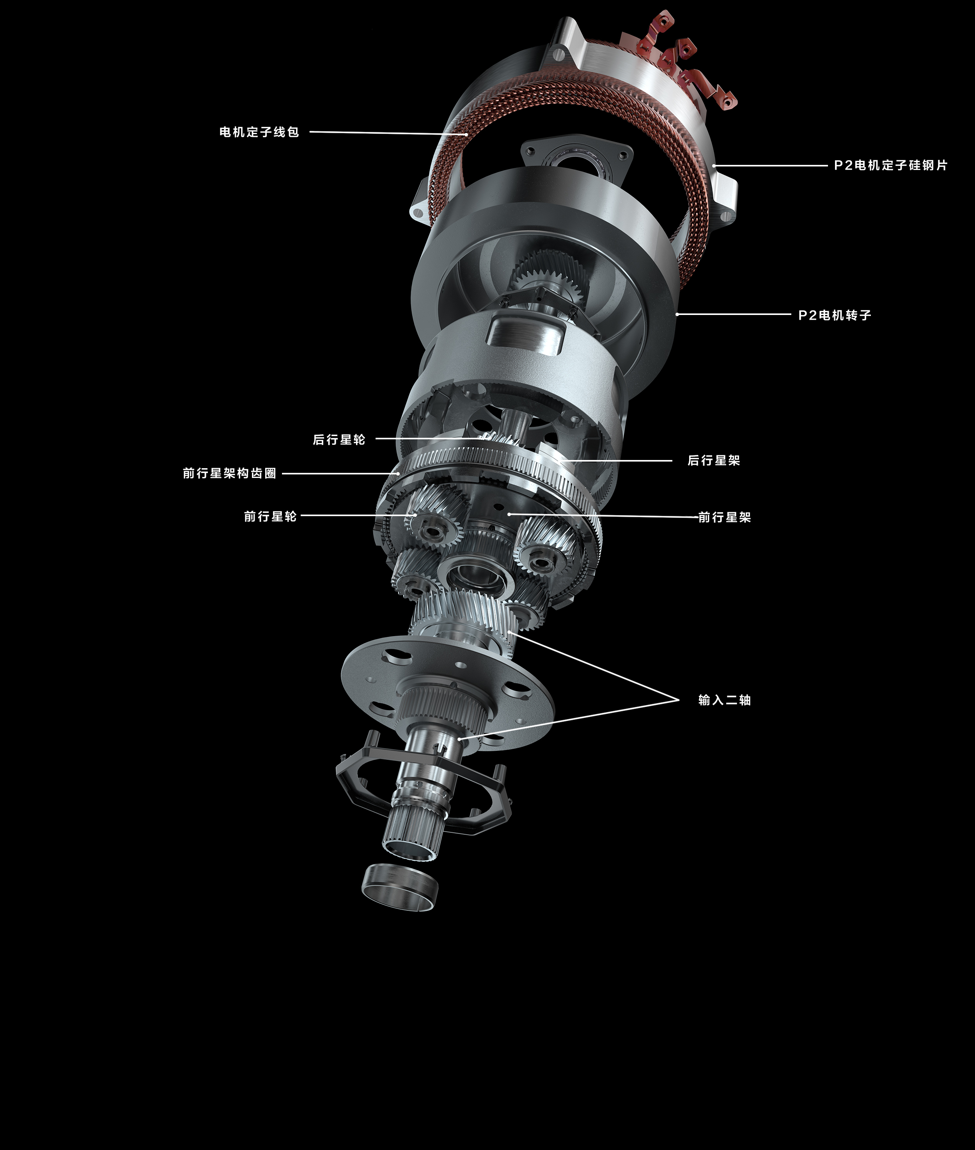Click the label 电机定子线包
(259, 132)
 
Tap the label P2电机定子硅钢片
(890, 165)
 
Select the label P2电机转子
(835, 315)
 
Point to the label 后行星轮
(339, 440)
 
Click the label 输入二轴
(725, 701)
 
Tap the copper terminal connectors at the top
(680, 61)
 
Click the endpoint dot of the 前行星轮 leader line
(415, 515)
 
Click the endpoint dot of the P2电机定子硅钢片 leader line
(714, 165)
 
